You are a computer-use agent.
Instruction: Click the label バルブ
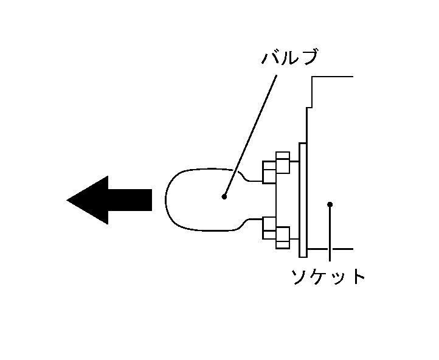tap(290, 57)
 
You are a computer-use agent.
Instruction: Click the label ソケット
tap(328, 277)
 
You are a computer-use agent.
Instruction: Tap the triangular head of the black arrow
tap(88, 200)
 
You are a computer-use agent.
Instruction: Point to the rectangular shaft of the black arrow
tap(130, 200)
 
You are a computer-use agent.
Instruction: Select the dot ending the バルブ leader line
tap(224, 197)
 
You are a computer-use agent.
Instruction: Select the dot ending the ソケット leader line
tap(330, 204)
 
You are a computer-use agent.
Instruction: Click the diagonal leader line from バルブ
tap(251, 136)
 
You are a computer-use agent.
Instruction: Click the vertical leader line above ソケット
tap(330, 233)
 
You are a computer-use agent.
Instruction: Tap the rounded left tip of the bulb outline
tap(166, 199)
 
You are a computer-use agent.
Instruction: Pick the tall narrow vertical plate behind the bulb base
tap(303, 200)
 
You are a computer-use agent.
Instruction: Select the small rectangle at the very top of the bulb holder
tap(283, 155)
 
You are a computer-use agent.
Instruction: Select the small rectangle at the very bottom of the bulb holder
tap(283, 245)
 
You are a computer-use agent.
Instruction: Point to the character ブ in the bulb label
tap(308, 57)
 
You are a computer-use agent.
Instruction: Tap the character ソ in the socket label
tap(299, 277)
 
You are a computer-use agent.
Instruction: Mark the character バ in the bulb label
tap(269, 57)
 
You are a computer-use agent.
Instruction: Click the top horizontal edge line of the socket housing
tap(333, 77)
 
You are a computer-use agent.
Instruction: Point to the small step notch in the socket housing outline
tap(309, 107)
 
